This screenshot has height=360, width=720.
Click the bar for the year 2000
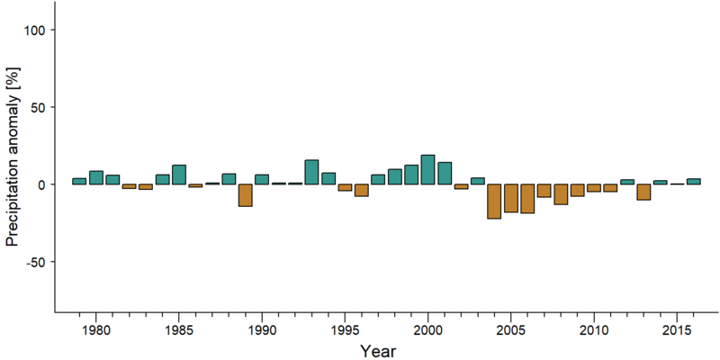(x=428, y=170)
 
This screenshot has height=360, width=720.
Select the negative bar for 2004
(x=494, y=202)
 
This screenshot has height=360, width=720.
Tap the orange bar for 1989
(x=245, y=195)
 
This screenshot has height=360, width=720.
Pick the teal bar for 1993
(x=311, y=172)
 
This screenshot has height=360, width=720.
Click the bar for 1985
(x=179, y=175)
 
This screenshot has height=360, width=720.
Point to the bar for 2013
(x=643, y=192)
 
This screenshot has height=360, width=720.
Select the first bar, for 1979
(x=79, y=182)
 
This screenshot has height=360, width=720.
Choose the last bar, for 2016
(x=693, y=182)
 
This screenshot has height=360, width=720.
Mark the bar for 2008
(x=561, y=194)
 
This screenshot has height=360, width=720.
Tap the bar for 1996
(x=362, y=190)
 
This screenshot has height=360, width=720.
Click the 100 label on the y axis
(x=34, y=30)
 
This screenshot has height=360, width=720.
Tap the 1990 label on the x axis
(x=262, y=330)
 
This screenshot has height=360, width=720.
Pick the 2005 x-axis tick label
(x=511, y=330)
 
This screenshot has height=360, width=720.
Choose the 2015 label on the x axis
(x=677, y=330)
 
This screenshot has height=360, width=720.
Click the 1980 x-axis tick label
(x=96, y=330)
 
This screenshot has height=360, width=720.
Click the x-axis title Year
(x=377, y=350)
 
